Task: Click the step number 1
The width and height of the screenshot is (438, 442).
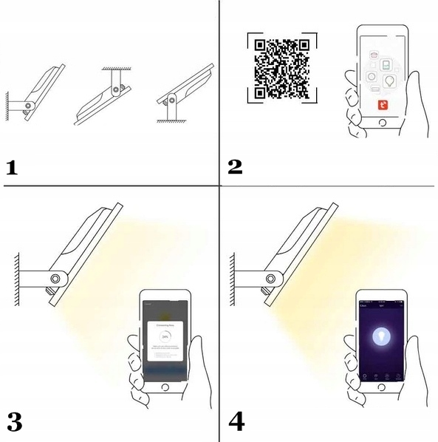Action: pos(12,167)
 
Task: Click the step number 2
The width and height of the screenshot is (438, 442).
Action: pos(236,167)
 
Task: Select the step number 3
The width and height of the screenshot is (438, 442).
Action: pos(14,422)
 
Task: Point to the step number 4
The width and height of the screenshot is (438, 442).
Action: pos(237,422)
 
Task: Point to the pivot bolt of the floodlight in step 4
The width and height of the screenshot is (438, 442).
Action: pos(271,278)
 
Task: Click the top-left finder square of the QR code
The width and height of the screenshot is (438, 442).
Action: pos(260,47)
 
